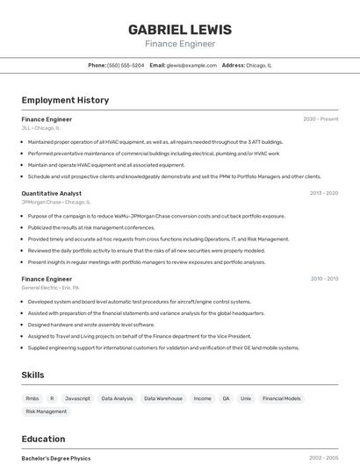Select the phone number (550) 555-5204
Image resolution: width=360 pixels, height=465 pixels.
126,65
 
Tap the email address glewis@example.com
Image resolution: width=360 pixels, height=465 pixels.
191,65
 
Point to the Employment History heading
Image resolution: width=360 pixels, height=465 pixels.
65,100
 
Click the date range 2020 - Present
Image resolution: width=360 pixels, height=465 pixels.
320,119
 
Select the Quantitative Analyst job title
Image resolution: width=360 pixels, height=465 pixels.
52,193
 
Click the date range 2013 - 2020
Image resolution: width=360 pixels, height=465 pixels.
324,193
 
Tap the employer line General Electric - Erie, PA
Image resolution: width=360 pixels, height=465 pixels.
50,287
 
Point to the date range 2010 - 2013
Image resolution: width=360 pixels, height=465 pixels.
324,279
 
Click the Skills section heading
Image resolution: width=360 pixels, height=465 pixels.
32,375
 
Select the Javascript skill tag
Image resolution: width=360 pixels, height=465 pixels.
77,398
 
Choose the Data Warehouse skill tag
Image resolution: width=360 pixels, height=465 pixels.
163,398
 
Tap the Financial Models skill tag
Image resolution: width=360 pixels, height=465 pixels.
281,398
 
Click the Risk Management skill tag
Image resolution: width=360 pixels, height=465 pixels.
46,411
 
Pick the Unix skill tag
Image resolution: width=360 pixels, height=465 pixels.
246,398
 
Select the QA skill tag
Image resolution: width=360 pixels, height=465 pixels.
226,398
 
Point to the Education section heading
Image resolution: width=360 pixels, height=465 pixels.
43,439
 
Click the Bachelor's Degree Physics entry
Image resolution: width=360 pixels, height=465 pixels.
56,458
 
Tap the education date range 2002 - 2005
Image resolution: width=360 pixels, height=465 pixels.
323,458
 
